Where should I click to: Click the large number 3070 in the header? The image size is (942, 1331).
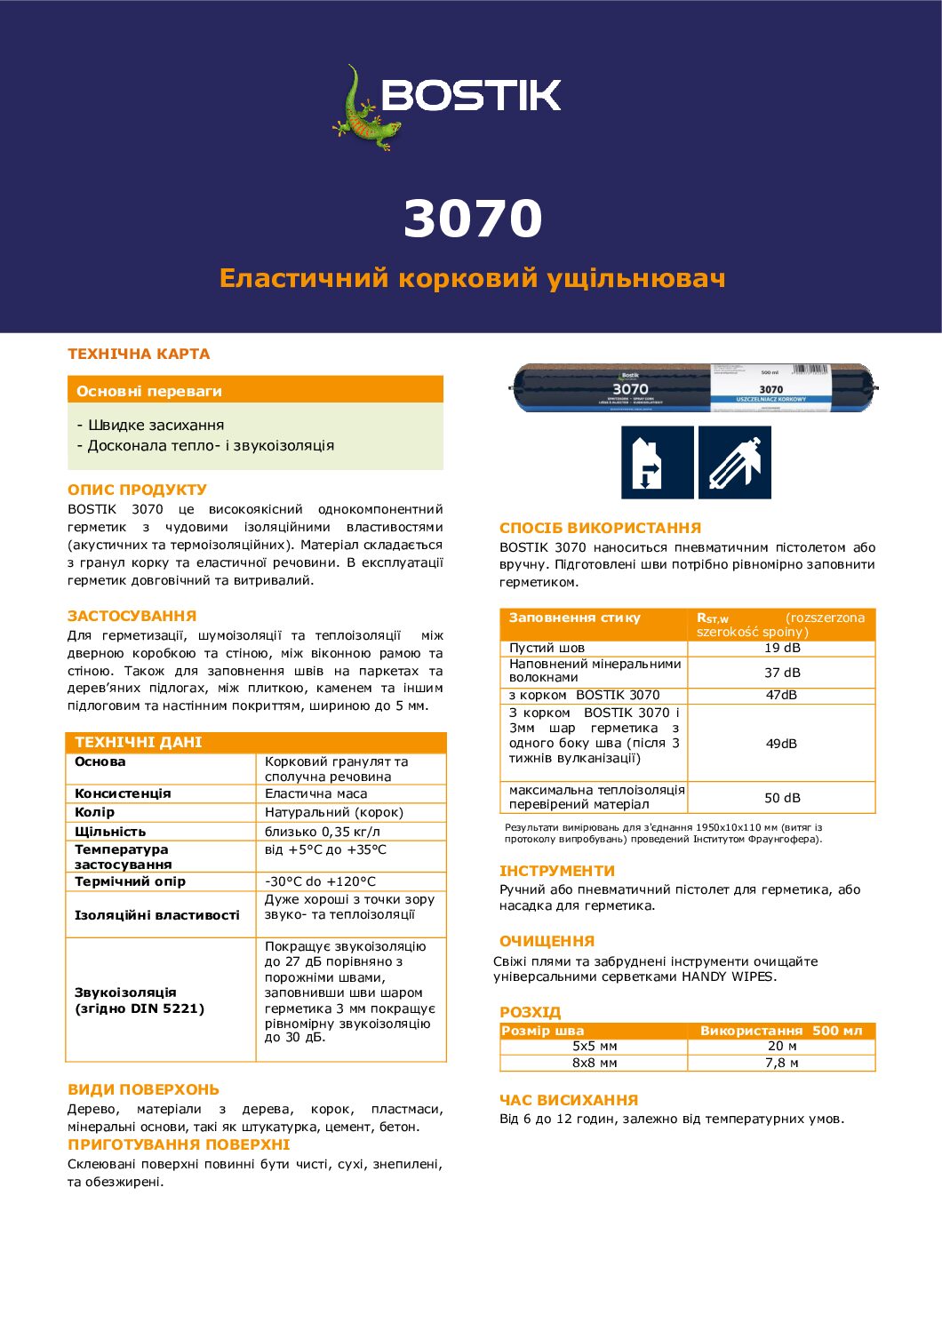pyautogui.click(x=473, y=219)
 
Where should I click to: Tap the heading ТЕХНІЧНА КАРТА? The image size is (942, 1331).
pyautogui.click(x=139, y=354)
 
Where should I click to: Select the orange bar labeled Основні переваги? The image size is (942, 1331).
pyautogui.click(x=255, y=390)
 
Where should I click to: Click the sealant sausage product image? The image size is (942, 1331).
pyautogui.click(x=694, y=387)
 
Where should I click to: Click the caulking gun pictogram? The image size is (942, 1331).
pyautogui.click(x=735, y=462)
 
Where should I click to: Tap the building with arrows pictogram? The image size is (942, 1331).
pyautogui.click(x=657, y=462)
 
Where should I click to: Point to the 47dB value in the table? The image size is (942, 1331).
pyautogui.click(x=781, y=695)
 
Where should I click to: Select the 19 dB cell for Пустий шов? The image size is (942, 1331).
pyautogui.click(x=782, y=648)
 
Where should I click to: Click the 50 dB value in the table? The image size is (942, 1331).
pyautogui.click(x=782, y=798)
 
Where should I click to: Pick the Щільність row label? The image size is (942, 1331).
pyautogui.click(x=110, y=832)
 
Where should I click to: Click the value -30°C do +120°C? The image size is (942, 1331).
pyautogui.click(x=320, y=881)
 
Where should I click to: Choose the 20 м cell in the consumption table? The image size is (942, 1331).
pyautogui.click(x=782, y=1046)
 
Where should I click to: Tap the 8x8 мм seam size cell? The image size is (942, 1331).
pyautogui.click(x=595, y=1063)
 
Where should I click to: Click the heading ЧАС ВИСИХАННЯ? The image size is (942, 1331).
pyautogui.click(x=569, y=1100)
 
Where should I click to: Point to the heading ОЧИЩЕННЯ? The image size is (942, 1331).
pyautogui.click(x=547, y=941)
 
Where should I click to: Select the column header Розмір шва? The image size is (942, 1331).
pyautogui.click(x=543, y=1031)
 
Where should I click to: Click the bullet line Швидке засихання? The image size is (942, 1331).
pyautogui.click(x=150, y=425)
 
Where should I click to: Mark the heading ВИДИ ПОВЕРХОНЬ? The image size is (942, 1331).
pyautogui.click(x=143, y=1089)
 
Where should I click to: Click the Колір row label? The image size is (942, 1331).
pyautogui.click(x=95, y=812)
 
